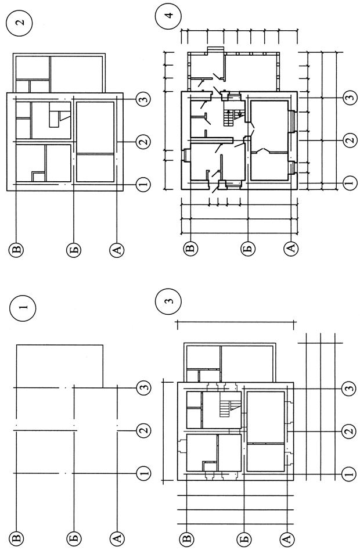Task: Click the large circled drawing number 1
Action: pyautogui.click(x=23, y=308)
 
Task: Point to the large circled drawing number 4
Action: pyautogui.click(x=169, y=16)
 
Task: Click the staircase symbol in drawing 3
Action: pyautogui.click(x=228, y=405)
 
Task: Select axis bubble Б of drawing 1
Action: pyautogui.click(x=74, y=538)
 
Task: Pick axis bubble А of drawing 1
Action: pyautogui.click(x=117, y=538)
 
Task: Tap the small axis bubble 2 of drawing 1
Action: pyautogui.click(x=143, y=430)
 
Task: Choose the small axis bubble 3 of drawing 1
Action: pyautogui.click(x=143, y=387)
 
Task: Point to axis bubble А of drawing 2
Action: pyautogui.click(x=117, y=250)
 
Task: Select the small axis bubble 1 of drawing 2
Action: pyautogui.click(x=143, y=184)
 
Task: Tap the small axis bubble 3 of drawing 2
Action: pyautogui.click(x=143, y=99)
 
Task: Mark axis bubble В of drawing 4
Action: pyautogui.click(x=190, y=249)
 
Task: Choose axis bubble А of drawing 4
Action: pyautogui.click(x=290, y=249)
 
